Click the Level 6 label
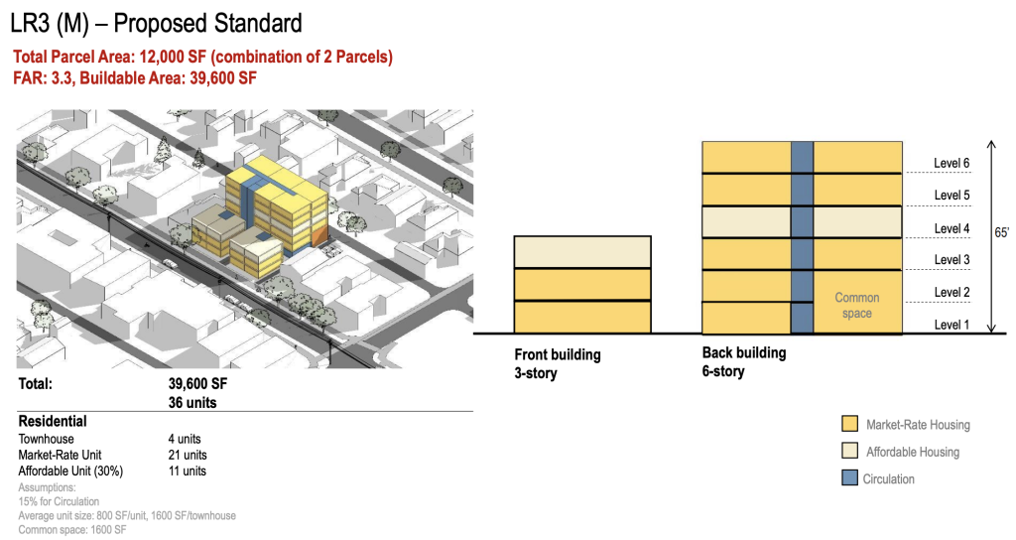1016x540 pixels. tap(952, 164)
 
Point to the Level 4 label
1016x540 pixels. tap(952, 229)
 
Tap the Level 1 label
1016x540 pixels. tap(952, 325)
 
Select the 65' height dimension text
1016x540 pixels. tap(1002, 232)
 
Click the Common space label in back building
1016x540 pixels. tap(856, 306)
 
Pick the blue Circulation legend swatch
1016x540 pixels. tap(849, 478)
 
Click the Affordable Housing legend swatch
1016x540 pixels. tap(849, 452)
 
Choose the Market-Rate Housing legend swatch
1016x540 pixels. tap(849, 424)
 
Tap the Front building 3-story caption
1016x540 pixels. tap(558, 363)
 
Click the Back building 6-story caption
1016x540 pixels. tap(744, 361)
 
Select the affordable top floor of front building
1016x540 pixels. tap(582, 252)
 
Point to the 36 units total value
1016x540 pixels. tap(192, 403)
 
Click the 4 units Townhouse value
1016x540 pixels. tap(185, 439)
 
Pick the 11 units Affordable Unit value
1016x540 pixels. tap(188, 472)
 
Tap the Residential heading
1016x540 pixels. tap(53, 421)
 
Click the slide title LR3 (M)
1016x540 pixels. tap(50, 24)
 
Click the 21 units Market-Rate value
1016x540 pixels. tap(188, 455)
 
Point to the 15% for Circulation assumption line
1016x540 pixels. tap(59, 501)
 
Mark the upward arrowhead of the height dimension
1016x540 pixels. tap(991, 144)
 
